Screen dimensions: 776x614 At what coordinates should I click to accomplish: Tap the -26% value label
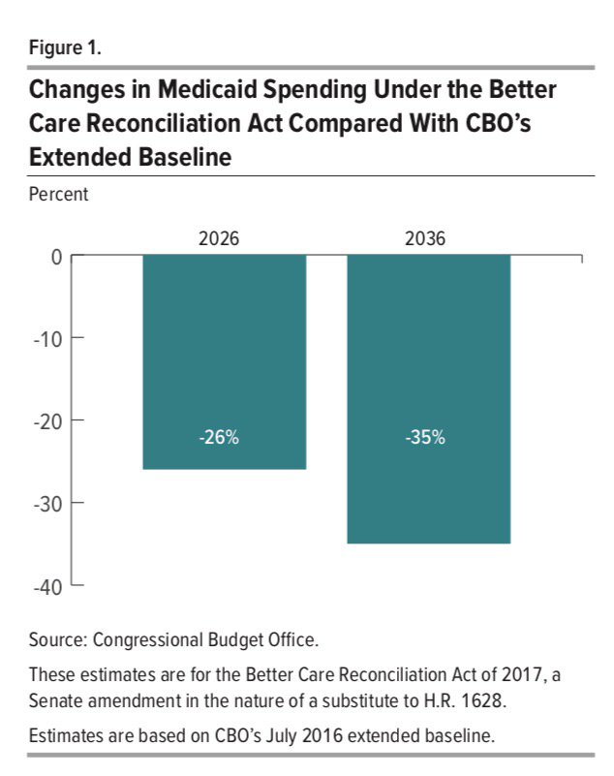coord(219,437)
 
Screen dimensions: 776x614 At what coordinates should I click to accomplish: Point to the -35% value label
coord(425,437)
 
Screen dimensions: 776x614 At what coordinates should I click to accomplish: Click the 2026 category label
coord(219,238)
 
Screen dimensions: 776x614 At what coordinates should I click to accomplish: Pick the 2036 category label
coord(425,238)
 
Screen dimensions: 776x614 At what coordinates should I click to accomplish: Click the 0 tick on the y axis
coord(55,257)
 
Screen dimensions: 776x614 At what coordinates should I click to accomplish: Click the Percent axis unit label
coord(57,194)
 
